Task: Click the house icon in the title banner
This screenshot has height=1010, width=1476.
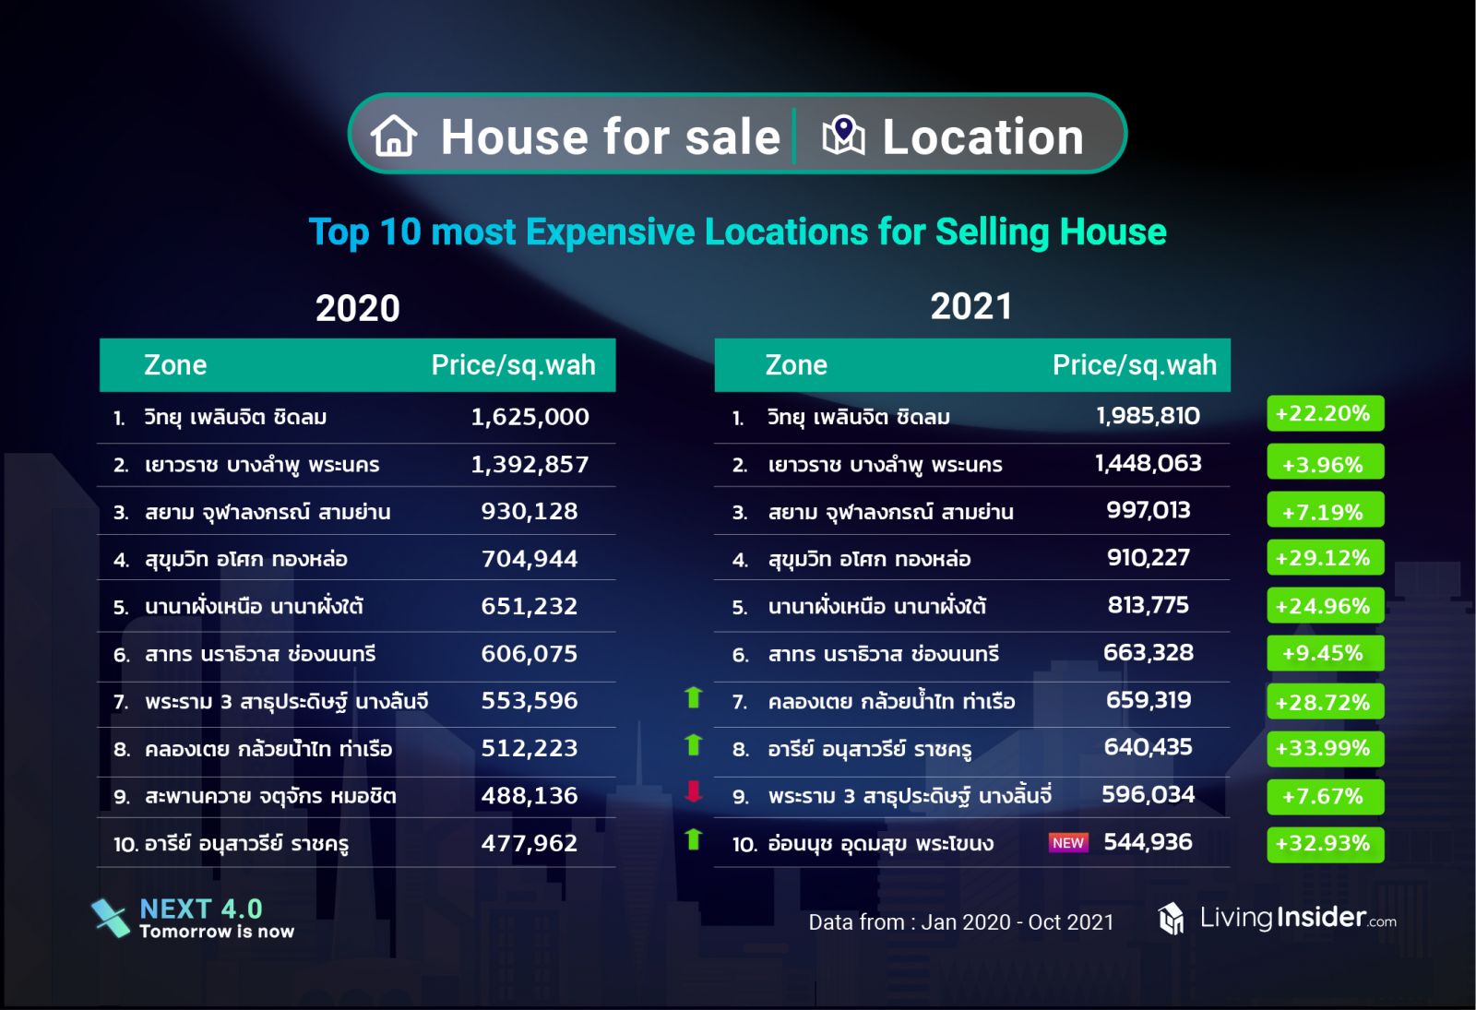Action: click(394, 136)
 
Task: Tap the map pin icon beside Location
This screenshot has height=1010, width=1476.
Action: click(843, 136)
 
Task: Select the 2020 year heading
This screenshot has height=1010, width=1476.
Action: click(358, 308)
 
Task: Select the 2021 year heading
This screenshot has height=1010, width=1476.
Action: click(971, 306)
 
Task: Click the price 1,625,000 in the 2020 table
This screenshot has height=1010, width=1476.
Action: click(530, 417)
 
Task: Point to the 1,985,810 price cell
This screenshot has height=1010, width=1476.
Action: click(1148, 416)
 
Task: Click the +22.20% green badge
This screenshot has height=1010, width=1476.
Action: click(1325, 414)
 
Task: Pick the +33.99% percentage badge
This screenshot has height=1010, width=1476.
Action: click(1325, 749)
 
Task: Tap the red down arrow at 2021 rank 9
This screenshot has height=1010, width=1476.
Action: click(694, 791)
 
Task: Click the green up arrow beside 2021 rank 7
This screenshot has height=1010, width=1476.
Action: click(694, 697)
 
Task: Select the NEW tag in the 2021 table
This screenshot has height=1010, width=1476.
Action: click(1068, 843)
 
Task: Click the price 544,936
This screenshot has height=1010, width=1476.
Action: click(1148, 842)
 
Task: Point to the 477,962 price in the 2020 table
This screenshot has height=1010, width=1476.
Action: click(530, 843)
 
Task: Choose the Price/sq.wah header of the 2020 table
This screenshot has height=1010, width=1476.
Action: click(513, 365)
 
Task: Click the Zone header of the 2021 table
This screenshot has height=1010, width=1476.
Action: click(796, 365)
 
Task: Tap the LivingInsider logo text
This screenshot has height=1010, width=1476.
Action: click(1297, 918)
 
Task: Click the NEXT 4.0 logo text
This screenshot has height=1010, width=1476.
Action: click(201, 909)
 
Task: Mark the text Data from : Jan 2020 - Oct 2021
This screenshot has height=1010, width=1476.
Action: click(961, 922)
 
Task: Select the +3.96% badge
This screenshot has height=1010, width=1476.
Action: click(1325, 464)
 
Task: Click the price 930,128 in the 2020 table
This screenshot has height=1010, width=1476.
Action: click(530, 511)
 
